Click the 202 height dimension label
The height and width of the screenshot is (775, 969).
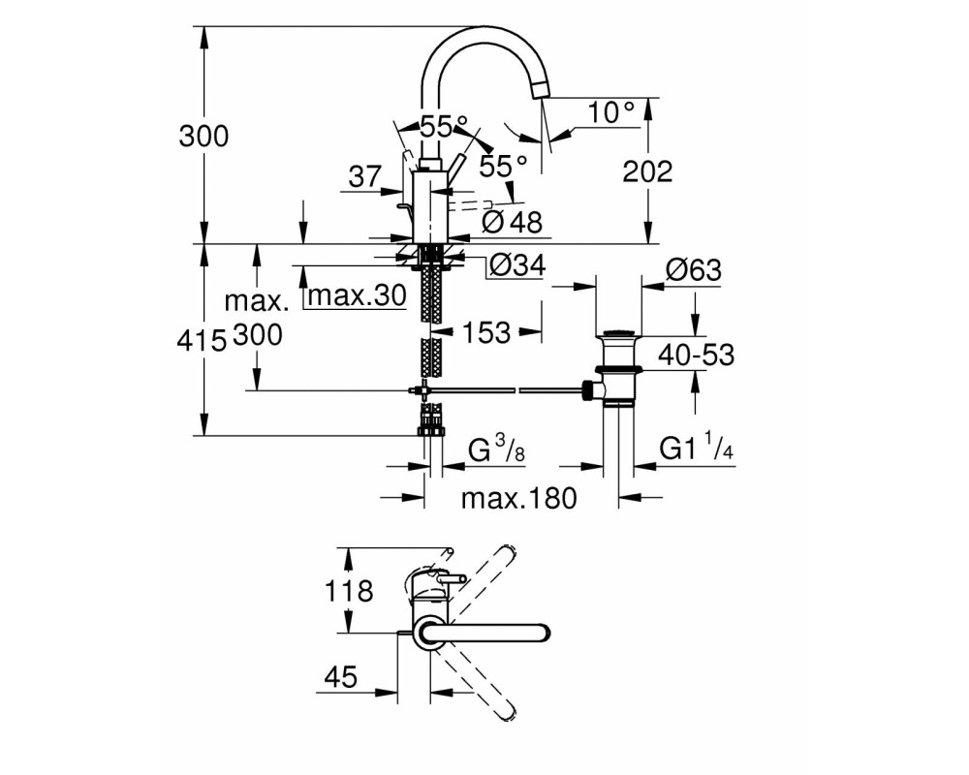[647, 171]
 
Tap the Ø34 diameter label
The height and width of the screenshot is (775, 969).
[517, 265]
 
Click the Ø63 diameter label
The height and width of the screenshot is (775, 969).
[694, 269]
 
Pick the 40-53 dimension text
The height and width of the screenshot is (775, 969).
[696, 355]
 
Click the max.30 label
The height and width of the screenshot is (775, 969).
[358, 295]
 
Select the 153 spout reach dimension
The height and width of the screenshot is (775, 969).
[486, 332]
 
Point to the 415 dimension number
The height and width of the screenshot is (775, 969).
[202, 340]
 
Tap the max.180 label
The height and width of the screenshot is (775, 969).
[519, 498]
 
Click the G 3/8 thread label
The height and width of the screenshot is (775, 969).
[496, 449]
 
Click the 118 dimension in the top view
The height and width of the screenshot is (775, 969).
[349, 591]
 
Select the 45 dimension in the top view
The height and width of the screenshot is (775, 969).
[340, 677]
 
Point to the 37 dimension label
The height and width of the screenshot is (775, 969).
[365, 176]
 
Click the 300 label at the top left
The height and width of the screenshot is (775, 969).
[203, 136]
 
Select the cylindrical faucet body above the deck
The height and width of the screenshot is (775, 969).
[428, 207]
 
